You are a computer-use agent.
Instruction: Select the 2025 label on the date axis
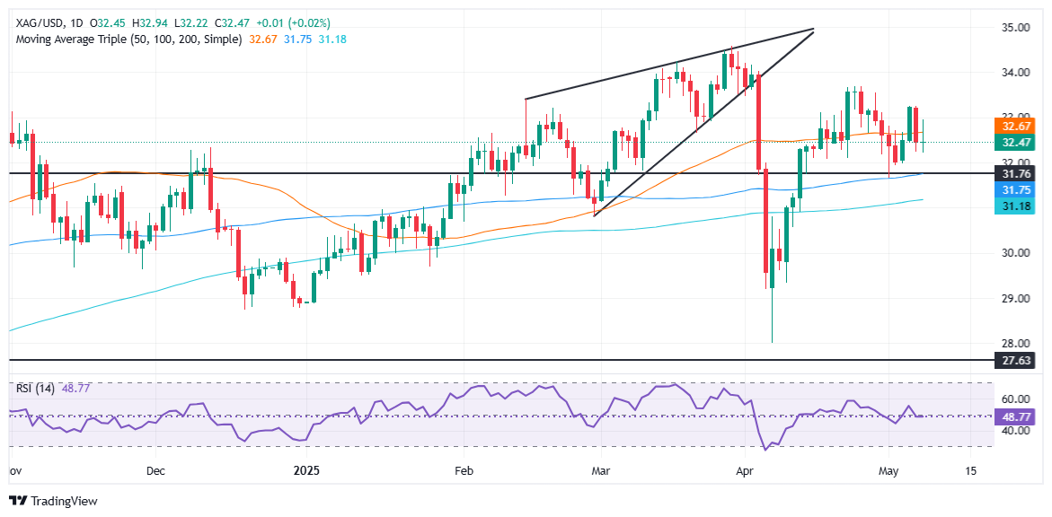pos(306,470)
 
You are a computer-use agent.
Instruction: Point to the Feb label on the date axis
pos(464,470)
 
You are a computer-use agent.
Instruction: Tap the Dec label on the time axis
pos(155,470)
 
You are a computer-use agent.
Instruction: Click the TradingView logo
pos(54,501)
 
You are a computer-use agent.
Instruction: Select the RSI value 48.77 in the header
pos(76,389)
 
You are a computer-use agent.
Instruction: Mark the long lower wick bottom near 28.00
pos(773,341)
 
